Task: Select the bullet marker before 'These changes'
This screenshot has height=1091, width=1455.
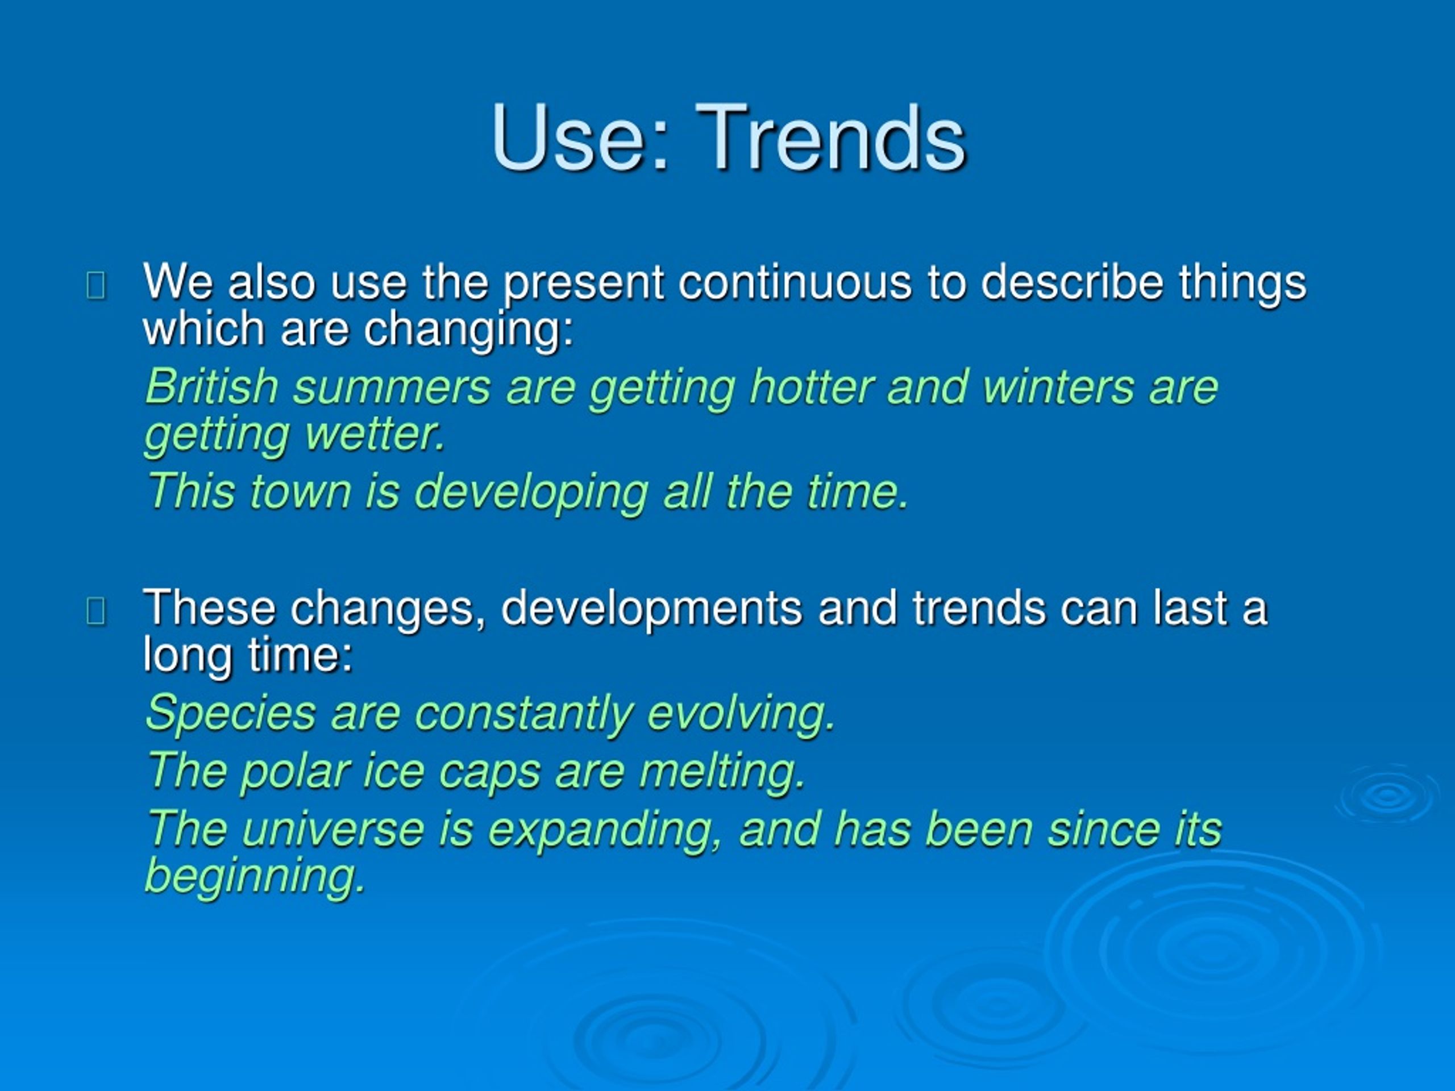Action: (96, 611)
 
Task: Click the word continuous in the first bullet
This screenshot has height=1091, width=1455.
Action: (795, 283)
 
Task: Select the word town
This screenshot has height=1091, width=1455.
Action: (300, 493)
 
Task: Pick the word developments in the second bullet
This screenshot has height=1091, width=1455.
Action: (651, 609)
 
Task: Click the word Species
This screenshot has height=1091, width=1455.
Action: (231, 714)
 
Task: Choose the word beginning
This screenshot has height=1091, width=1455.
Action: (255, 877)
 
